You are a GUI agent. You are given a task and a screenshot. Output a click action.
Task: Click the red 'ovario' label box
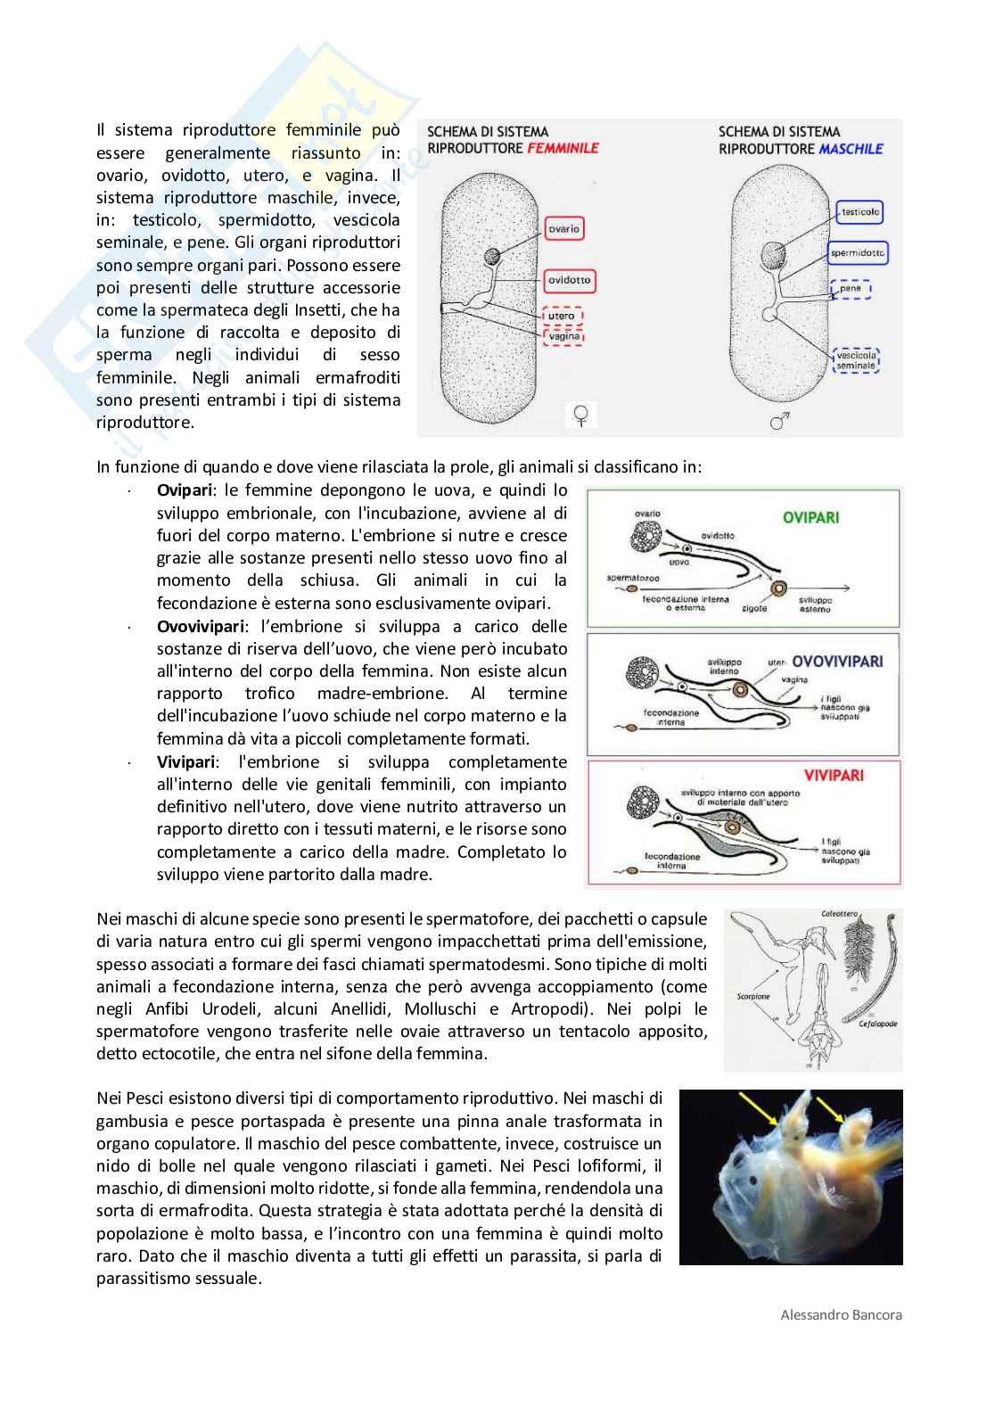563,229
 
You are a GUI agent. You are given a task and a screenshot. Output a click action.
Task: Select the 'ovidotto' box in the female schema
570,280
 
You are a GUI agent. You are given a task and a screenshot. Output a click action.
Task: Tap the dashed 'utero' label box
562,317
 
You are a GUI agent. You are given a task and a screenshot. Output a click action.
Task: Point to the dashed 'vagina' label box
563,336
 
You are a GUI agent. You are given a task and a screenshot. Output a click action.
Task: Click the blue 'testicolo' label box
859,212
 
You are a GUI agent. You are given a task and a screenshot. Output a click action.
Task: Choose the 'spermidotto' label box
858,253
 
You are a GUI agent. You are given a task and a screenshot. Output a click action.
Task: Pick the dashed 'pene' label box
851,289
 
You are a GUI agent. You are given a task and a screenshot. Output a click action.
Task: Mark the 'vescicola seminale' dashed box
856,360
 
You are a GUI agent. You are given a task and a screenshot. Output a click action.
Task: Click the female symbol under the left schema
581,415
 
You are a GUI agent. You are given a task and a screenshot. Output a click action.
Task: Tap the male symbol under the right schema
778,421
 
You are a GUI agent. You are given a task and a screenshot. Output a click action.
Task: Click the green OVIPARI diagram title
810,517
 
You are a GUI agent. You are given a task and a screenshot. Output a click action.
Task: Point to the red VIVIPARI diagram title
834,776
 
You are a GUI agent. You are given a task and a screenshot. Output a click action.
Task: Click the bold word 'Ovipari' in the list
185,490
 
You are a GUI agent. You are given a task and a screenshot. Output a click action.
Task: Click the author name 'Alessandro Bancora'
841,1314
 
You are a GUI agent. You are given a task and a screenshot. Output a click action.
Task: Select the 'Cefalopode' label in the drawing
879,1024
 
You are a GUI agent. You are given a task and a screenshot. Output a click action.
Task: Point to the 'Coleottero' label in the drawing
839,914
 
